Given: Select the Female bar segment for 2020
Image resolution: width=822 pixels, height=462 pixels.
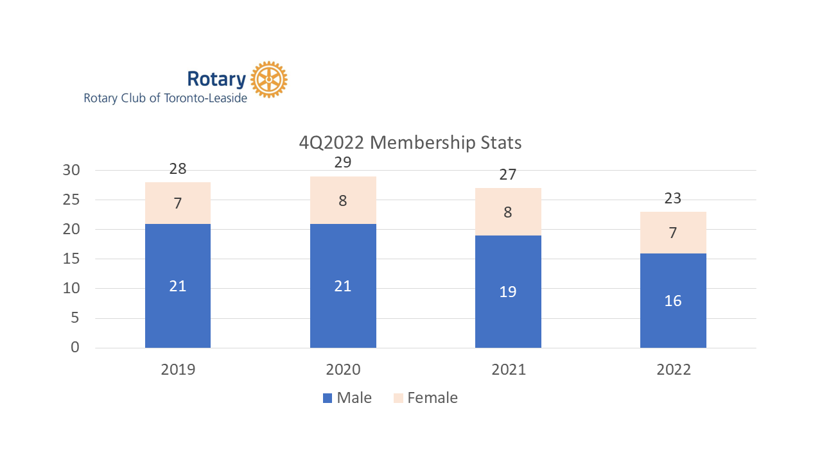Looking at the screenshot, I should [x=343, y=200].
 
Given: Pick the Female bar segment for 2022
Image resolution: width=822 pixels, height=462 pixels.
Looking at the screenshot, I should [x=673, y=232].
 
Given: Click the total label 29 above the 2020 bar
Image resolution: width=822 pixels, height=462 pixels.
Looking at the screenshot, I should [x=343, y=162].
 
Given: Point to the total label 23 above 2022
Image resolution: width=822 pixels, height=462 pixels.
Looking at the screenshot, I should [x=673, y=198].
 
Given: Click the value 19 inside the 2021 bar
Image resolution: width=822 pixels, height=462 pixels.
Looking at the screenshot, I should [x=508, y=291].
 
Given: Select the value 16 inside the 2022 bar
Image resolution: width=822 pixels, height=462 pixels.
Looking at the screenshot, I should [x=673, y=300].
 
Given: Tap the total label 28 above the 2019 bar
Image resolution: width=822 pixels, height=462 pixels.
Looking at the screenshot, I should [x=178, y=169].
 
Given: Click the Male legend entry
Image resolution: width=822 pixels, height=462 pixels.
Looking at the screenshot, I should [x=347, y=398].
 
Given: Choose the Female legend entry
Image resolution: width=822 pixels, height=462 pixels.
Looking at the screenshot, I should [x=425, y=398].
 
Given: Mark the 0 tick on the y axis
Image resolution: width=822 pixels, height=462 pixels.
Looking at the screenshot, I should [x=75, y=348].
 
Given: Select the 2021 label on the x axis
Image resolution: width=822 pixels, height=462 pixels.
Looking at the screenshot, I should [x=508, y=370].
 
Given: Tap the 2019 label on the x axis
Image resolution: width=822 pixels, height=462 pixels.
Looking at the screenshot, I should [x=178, y=370].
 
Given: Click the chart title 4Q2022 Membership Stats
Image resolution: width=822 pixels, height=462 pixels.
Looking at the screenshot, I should [x=410, y=142].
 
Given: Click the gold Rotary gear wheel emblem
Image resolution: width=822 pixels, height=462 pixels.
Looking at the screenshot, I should [x=268, y=80].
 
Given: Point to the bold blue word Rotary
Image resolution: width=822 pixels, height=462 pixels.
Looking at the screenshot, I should [x=216, y=80].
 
